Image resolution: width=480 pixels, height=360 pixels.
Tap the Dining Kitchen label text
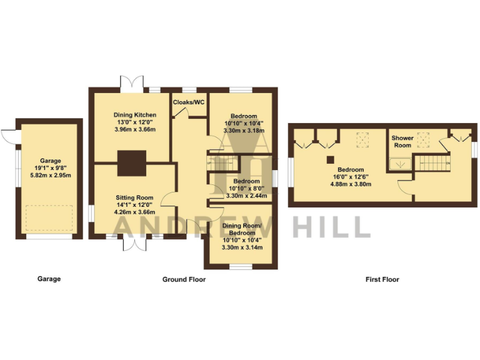(134, 115)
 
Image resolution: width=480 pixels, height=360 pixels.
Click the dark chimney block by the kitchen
(132, 162)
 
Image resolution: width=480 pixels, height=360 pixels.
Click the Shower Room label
(402, 141)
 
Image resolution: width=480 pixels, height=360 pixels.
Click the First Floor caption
(382, 279)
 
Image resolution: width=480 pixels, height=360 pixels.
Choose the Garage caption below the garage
(49, 279)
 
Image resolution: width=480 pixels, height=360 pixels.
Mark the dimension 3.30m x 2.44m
(243, 196)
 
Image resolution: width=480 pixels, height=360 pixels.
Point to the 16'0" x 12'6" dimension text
(351, 177)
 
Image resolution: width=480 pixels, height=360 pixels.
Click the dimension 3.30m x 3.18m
(243, 131)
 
